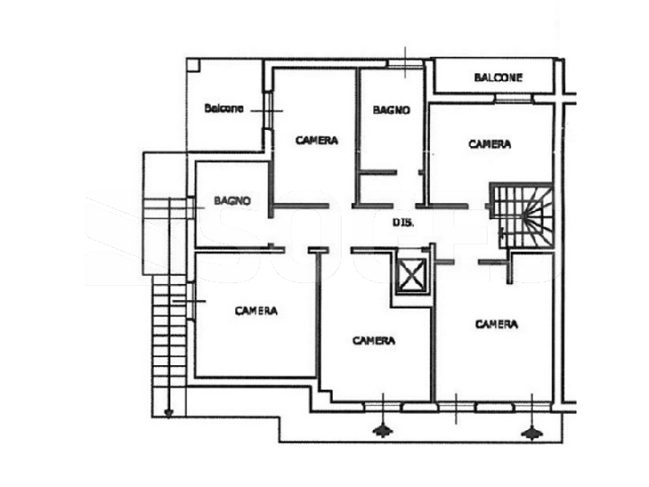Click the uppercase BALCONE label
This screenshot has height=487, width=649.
pos(498,78)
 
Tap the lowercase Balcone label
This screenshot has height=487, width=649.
pos(224,108)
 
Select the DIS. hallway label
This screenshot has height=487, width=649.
pos(403,223)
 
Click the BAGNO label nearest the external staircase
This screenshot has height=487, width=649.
pos(233,201)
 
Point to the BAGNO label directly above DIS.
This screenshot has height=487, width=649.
pos(391,110)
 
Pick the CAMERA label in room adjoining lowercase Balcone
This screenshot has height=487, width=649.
pos(316,141)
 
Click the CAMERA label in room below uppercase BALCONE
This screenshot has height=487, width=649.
pos(489,144)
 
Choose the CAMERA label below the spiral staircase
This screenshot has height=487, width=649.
pos(497,325)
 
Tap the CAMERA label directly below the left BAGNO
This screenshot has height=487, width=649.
pos(256,310)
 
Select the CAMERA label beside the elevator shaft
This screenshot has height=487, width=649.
pos(374,340)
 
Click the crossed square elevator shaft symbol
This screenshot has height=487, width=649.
pos(410,274)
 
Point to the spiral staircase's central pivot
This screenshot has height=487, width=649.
pos(526,216)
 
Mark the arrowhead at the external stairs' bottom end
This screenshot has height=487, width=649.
pos(169,412)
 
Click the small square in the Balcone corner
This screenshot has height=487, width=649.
pos(193,66)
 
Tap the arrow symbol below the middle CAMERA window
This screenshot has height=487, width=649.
pos(383,431)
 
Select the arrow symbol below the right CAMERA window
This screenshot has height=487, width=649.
pos(532,433)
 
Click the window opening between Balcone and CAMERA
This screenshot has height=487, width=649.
pos(269,110)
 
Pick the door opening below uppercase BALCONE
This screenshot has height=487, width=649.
pos(514,99)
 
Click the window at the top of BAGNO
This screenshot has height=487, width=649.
pos(406,64)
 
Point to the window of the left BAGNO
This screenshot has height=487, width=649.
pos(192,207)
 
